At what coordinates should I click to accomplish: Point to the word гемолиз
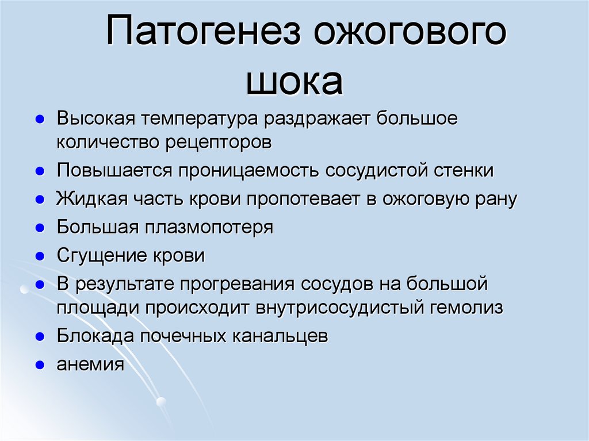point(466,308)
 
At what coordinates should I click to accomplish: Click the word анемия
point(90,365)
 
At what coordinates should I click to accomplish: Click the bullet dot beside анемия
point(40,366)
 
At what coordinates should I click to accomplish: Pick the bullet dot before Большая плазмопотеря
point(40,228)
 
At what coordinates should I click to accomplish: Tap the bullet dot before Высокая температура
point(40,121)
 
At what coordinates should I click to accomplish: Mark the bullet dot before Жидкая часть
point(40,200)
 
